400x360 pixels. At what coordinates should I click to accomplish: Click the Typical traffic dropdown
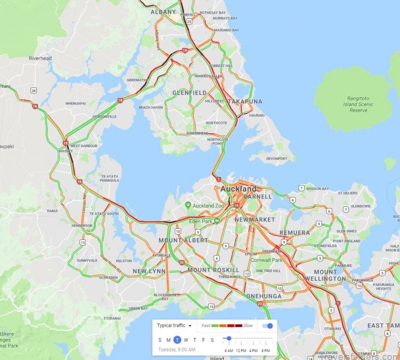(x=174, y=325)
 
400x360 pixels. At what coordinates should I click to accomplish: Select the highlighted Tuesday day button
(x=177, y=340)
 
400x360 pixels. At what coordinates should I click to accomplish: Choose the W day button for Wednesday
(x=186, y=340)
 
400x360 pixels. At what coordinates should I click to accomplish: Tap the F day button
(x=203, y=340)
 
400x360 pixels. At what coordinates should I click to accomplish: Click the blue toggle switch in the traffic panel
(x=268, y=326)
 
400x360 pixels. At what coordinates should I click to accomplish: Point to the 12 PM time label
(x=240, y=350)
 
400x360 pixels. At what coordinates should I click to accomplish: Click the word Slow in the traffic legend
(x=248, y=325)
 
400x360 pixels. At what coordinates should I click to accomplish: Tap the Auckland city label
(x=239, y=189)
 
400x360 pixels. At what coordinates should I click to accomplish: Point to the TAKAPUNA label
(x=244, y=101)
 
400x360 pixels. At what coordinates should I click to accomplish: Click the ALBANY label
(x=163, y=11)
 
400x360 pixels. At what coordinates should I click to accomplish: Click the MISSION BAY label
(x=317, y=188)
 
